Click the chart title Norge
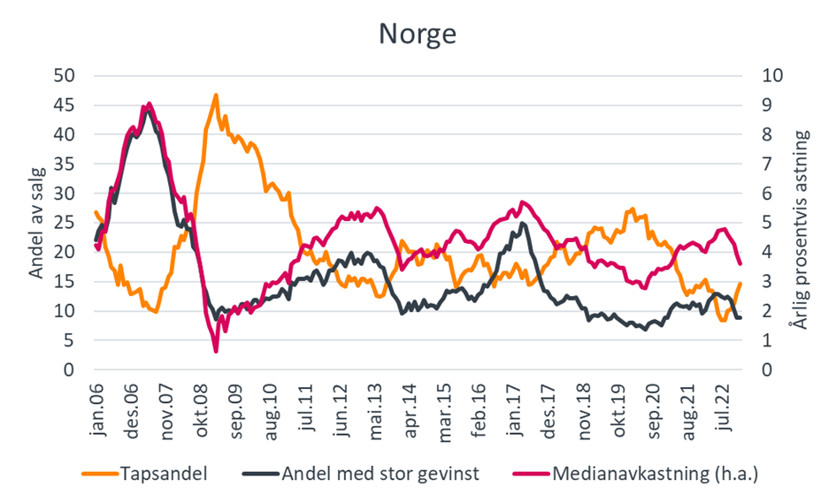(418, 33)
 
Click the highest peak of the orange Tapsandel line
(215, 95)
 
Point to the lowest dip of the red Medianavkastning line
(215, 351)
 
